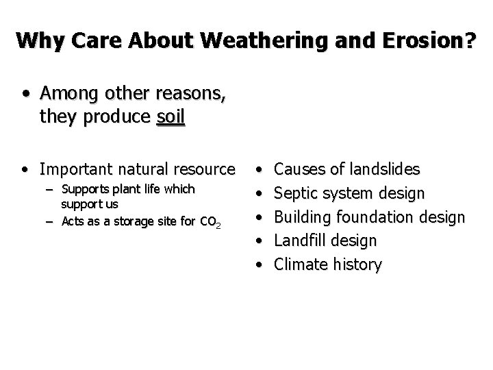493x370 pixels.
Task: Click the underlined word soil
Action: pyautogui.click(x=170, y=117)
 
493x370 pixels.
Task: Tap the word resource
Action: pyautogui.click(x=205, y=169)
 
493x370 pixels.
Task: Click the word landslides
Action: pyautogui.click(x=385, y=169)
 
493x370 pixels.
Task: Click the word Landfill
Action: pyautogui.click(x=299, y=241)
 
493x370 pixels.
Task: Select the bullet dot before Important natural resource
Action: pyautogui.click(x=25, y=169)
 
